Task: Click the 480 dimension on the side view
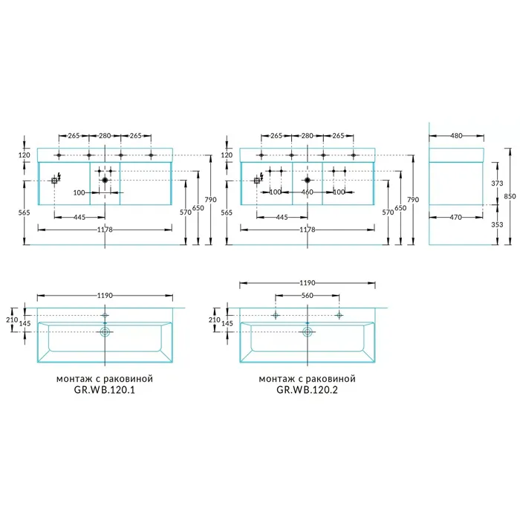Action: click(x=456, y=136)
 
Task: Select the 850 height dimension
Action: click(x=510, y=196)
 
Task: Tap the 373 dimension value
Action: click(x=497, y=183)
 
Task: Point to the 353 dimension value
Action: click(x=497, y=224)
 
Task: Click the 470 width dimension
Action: click(x=455, y=217)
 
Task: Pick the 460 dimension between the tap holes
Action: click(x=308, y=192)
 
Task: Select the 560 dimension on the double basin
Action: click(x=308, y=295)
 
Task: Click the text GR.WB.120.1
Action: click(x=105, y=390)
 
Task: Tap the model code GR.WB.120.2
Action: click(x=307, y=390)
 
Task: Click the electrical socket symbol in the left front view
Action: click(x=54, y=181)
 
